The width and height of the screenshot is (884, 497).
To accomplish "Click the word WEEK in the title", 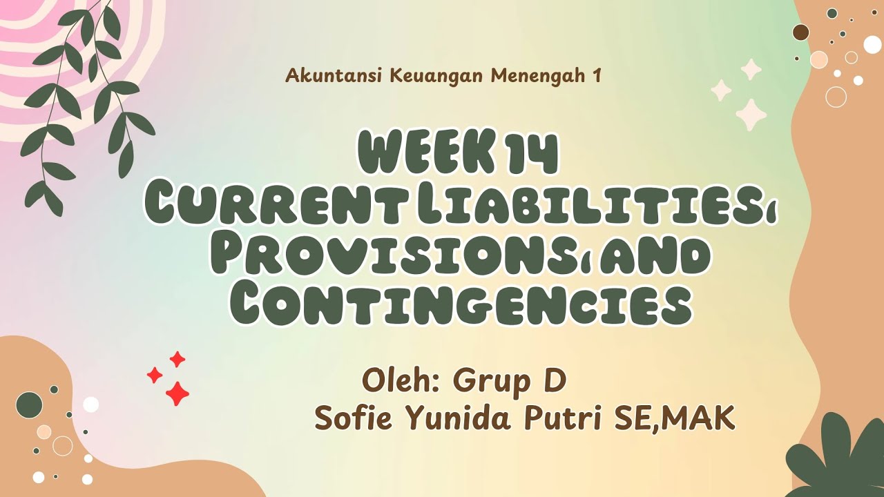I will click(x=425, y=155).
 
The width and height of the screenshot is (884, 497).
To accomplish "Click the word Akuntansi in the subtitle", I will click(x=334, y=76).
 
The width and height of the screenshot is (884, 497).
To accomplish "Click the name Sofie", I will click(x=352, y=419).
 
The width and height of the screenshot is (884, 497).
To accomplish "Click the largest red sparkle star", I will click(x=177, y=393).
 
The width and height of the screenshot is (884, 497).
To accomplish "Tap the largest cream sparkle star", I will click(x=751, y=115).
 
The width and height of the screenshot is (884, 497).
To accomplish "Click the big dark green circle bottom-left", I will click(x=29, y=405).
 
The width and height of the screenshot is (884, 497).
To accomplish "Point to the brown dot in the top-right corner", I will click(x=800, y=32).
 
